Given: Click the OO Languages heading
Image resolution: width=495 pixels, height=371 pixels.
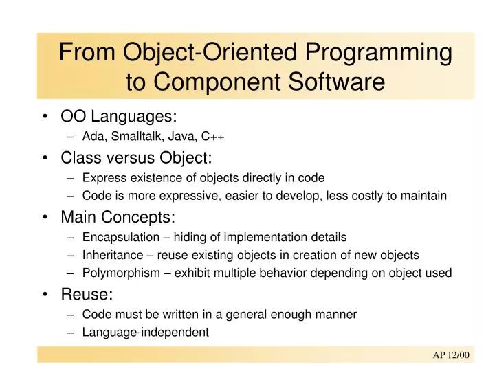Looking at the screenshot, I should (114, 117).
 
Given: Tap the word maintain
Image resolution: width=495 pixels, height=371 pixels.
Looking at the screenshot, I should (425, 196).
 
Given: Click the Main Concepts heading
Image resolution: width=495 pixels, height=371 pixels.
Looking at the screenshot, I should (118, 217).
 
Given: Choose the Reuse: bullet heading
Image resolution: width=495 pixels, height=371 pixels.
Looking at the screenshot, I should (87, 294).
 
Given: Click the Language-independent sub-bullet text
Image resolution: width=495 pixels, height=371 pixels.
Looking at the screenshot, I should (145, 332).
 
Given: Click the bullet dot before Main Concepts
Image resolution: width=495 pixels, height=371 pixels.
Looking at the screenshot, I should (46, 218).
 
